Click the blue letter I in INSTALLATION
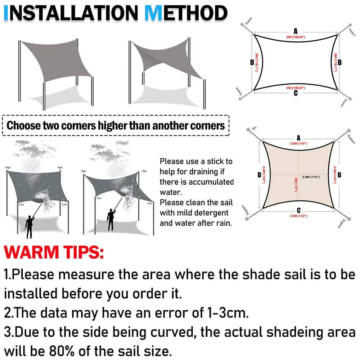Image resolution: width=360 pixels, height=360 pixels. [x=6, y=13]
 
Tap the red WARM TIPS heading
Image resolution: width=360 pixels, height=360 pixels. [x=54, y=252]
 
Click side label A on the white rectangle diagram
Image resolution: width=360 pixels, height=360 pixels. [x=296, y=31]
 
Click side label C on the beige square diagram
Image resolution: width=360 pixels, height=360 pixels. [x=298, y=211]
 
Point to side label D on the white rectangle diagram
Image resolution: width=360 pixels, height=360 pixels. [x=252, y=63]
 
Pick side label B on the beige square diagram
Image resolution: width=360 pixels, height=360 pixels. [x=339, y=175]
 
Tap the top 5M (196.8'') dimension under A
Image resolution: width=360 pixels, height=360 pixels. [x=296, y=37]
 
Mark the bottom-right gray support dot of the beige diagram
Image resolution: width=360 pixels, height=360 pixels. [x=348, y=220]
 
